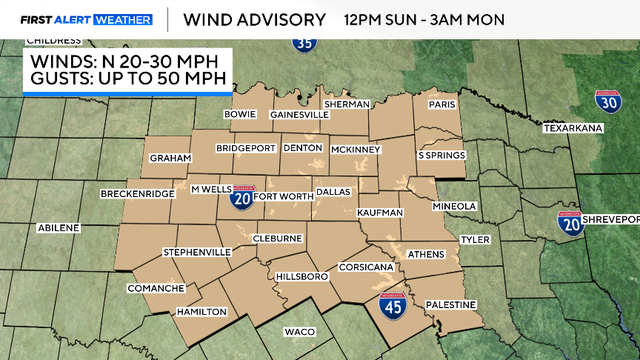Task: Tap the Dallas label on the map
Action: pos(333,191)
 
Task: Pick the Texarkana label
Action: pos(572,129)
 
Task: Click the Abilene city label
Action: pos(58,228)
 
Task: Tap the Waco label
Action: pos(300,331)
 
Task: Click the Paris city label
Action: pos(442,104)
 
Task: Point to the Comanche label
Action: pos(156,288)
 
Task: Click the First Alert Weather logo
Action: pos(83,19)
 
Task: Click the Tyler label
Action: pos(474,240)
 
